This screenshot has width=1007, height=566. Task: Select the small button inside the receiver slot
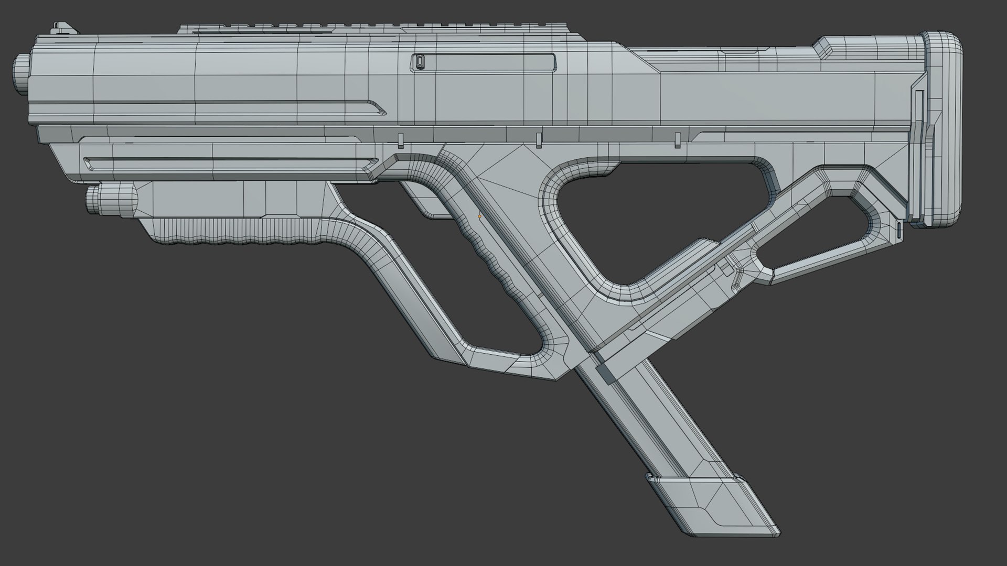[419, 62]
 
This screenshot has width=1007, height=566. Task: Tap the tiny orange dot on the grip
[479, 216]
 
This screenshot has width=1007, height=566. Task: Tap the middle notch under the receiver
[538, 140]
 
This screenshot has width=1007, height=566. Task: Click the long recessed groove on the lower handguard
[231, 161]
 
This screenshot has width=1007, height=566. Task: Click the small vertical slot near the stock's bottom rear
[898, 229]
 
